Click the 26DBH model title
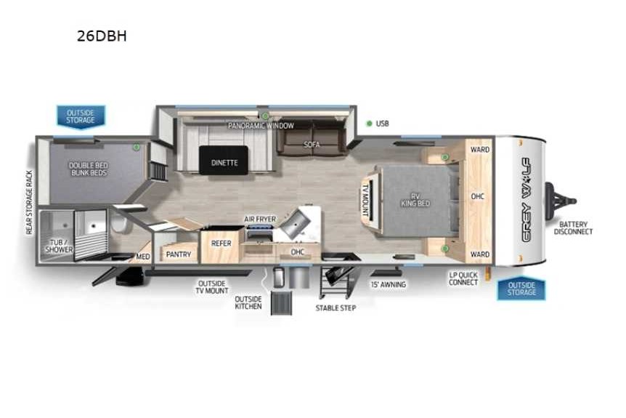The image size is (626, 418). coord(102,36)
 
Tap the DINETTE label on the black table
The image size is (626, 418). coord(224,163)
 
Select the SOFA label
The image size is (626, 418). coord(312,144)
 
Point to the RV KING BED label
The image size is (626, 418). coord(415,200)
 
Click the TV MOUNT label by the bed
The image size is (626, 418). coord(365,200)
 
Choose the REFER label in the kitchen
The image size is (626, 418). coord(221,244)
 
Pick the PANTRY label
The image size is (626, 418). coord(179,254)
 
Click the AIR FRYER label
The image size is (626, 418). coord(260,219)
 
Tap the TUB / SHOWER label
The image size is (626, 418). coord(59,246)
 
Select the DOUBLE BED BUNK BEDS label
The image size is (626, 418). coord(88,169)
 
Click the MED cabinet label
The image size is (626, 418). coord(143,257)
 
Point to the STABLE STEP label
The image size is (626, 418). coord(336,308)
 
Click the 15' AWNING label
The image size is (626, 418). coord(389,284)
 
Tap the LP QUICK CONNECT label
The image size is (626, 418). coord(463,278)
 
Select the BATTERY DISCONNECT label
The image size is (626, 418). coord(573,228)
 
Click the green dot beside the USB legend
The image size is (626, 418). coord(370,124)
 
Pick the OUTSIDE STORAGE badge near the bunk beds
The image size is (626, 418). coord(81,117)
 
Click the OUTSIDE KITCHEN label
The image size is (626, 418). coord(248,302)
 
